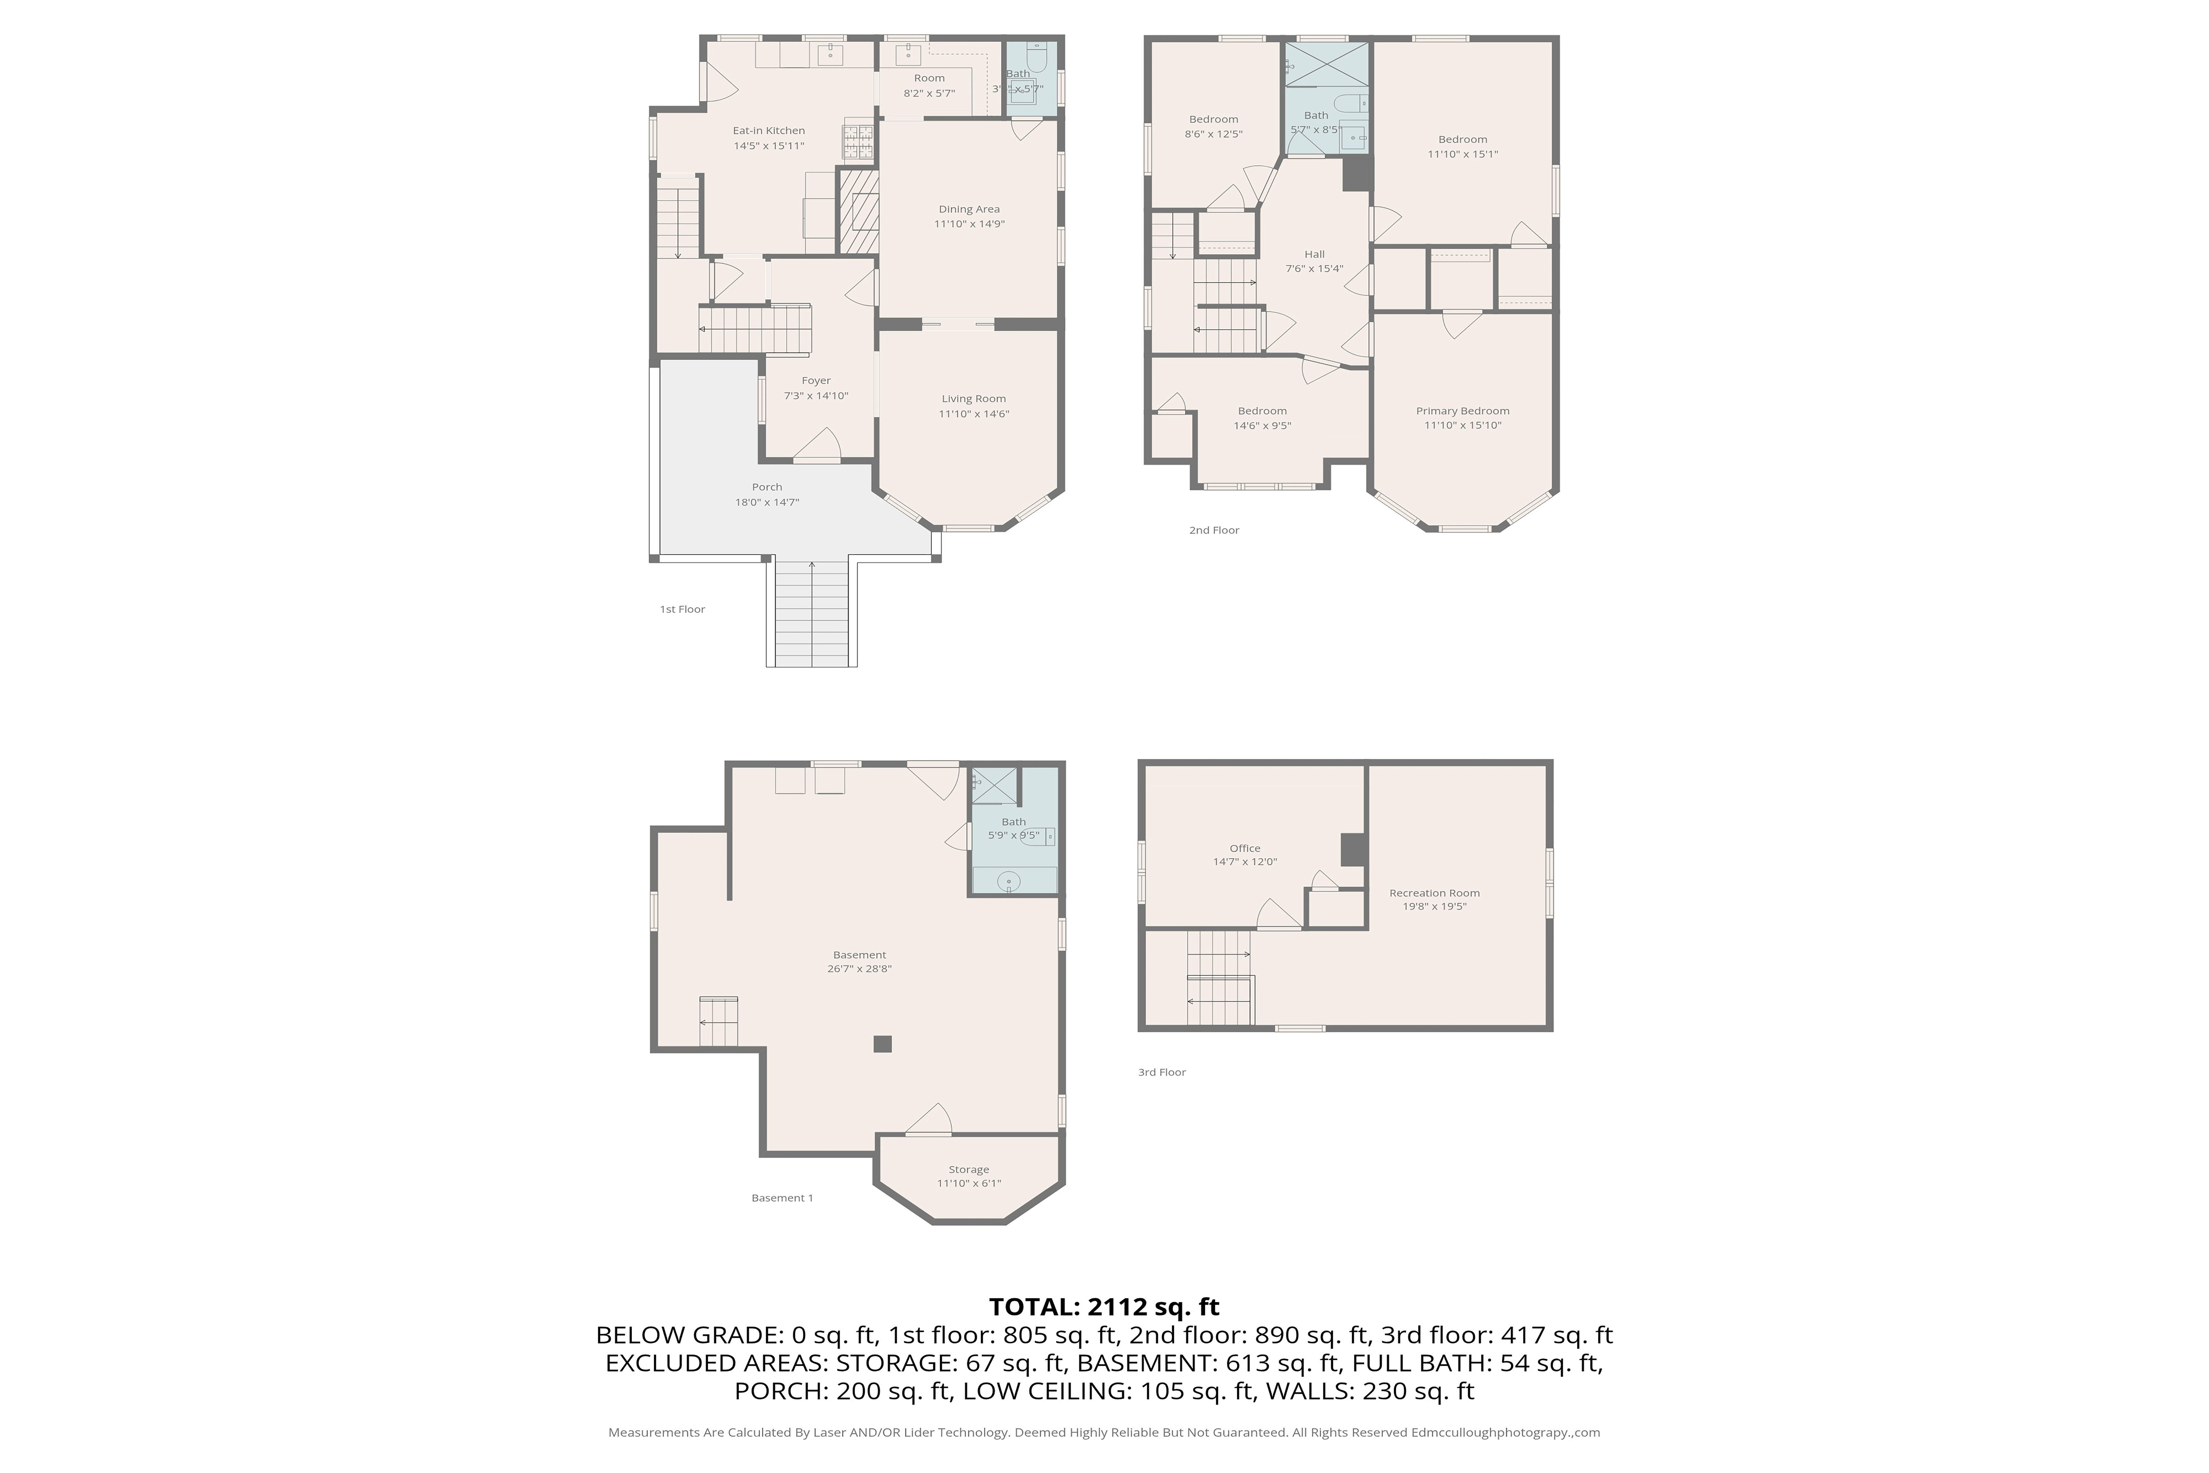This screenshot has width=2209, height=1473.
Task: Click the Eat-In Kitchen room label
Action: (x=768, y=131)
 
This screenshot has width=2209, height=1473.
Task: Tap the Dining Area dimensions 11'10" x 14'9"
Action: (x=969, y=224)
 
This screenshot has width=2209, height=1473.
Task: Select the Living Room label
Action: (x=973, y=398)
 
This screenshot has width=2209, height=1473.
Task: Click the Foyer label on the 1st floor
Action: (x=815, y=380)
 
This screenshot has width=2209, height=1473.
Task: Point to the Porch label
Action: (x=766, y=487)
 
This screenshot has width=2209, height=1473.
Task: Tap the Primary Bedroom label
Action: (x=1462, y=410)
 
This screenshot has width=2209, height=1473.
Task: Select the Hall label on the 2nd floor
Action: (x=1314, y=254)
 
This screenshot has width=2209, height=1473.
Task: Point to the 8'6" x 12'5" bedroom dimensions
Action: (x=1213, y=134)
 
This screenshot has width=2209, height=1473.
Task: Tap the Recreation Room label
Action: (x=1434, y=892)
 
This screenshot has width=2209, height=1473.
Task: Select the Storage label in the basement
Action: (x=968, y=1170)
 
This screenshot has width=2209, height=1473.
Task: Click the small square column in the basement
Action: (x=882, y=1044)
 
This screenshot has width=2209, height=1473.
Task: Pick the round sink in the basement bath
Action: (x=1008, y=881)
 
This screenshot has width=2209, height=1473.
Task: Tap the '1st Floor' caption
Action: (x=682, y=609)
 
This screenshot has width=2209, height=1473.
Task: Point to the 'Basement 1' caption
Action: (x=781, y=1198)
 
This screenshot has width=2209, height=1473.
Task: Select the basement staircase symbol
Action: (x=718, y=1021)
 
